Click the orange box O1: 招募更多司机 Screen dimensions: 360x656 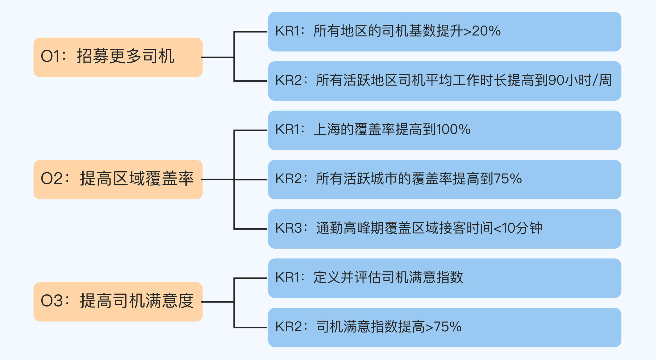pos(118,57)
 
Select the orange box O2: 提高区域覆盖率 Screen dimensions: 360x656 pos(118,179)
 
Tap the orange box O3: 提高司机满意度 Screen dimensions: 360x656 pos(118,302)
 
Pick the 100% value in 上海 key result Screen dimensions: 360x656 pos(453,129)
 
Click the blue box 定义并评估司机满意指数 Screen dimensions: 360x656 pos(444,278)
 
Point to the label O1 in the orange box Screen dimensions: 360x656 pos(50,56)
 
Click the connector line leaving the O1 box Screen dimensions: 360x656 pos(218,57)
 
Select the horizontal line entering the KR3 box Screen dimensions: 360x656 pos(251,229)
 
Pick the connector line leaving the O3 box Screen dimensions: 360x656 pos(218,302)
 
